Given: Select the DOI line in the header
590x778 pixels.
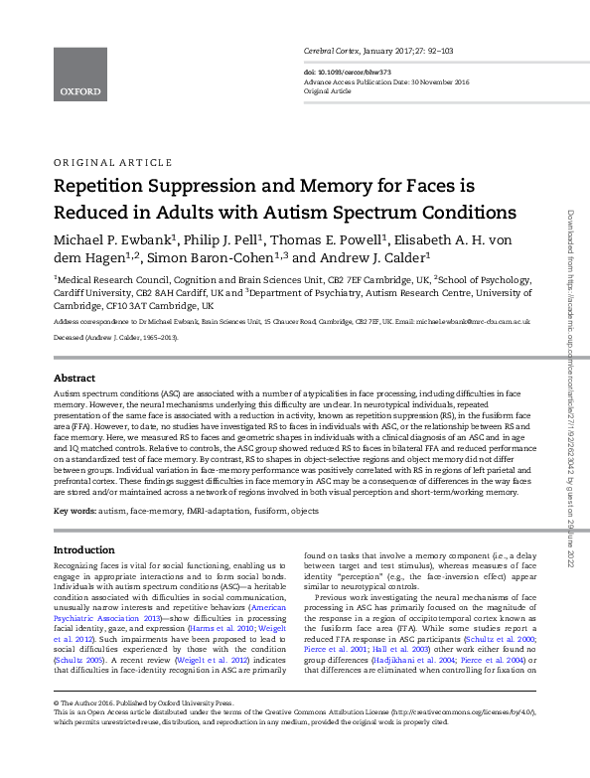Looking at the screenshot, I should (348, 72).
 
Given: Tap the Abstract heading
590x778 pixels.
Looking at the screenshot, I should (74, 380).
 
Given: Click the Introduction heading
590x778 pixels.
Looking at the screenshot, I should (83, 549).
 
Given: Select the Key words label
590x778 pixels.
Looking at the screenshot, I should (74, 511).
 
